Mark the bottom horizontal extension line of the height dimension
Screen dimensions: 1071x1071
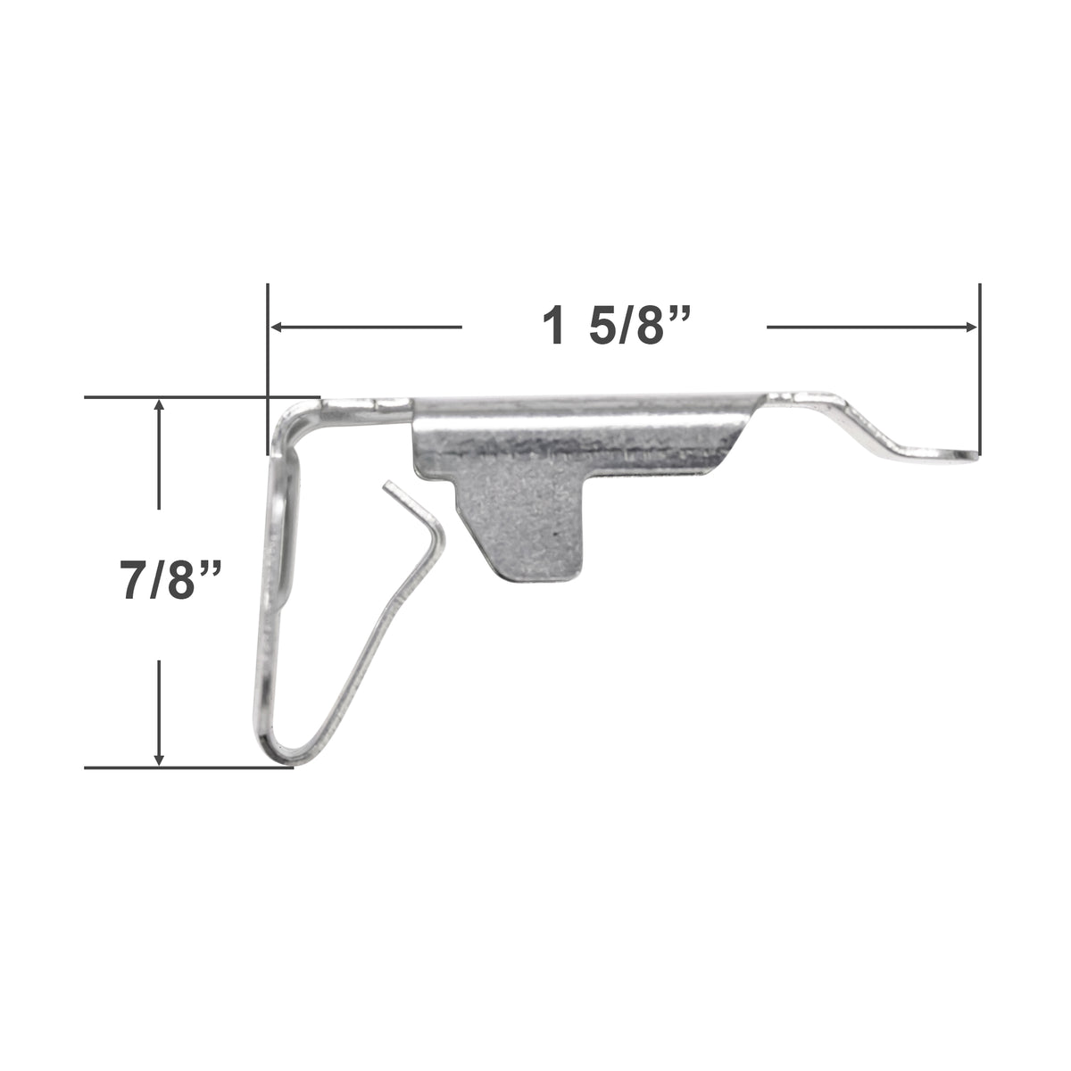click(187, 767)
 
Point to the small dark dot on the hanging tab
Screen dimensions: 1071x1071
click(554, 532)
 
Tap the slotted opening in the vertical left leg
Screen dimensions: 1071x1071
click(278, 544)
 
